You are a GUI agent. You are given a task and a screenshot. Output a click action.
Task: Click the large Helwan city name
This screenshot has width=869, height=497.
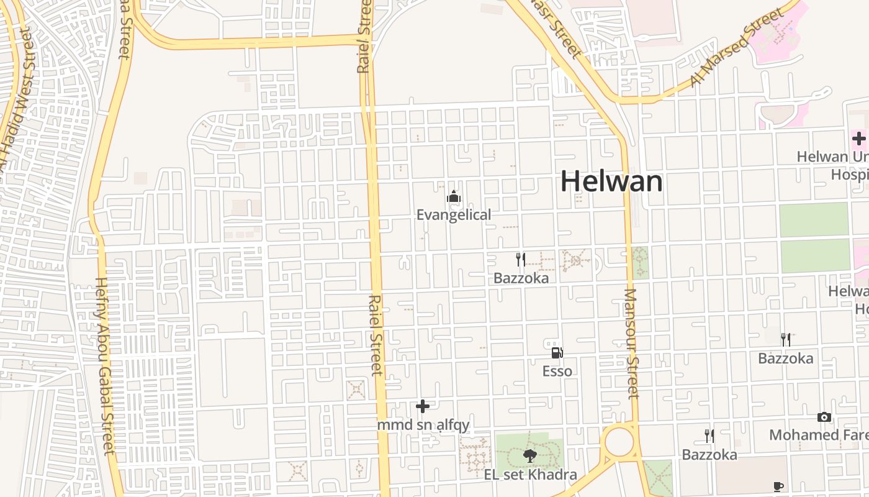[x=611, y=181]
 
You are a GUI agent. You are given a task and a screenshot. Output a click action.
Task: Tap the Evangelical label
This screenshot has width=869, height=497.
[x=454, y=215]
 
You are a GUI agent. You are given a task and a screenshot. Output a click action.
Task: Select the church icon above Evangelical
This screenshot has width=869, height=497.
[x=454, y=198]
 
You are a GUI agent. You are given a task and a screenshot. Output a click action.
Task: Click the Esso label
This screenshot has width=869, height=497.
[x=557, y=372]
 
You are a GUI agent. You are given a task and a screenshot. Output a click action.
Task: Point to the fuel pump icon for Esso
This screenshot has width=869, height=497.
[x=557, y=353]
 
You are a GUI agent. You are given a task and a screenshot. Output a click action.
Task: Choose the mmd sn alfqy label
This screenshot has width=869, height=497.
[x=423, y=426]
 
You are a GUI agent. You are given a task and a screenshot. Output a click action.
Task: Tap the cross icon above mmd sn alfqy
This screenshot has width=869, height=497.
[x=423, y=406]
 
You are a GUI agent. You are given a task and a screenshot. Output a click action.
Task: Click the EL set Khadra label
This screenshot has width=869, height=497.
[x=531, y=475]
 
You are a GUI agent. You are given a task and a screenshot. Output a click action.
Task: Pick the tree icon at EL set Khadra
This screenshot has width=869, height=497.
[x=530, y=457]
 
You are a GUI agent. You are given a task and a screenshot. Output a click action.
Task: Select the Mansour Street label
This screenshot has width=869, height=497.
[x=631, y=344]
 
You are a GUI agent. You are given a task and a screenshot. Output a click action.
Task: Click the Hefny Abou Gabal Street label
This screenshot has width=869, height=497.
[x=104, y=367]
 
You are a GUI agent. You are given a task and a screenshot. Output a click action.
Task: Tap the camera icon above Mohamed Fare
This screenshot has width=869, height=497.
[x=824, y=417]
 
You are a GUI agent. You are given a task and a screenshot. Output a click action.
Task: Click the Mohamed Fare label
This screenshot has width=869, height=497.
[x=819, y=435]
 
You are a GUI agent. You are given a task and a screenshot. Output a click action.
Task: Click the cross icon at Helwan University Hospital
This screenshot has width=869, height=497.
[x=859, y=139]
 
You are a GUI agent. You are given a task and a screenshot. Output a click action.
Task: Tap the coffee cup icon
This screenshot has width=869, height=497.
[x=778, y=486]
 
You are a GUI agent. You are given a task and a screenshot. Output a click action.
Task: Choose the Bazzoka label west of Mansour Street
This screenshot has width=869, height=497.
[x=521, y=278]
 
